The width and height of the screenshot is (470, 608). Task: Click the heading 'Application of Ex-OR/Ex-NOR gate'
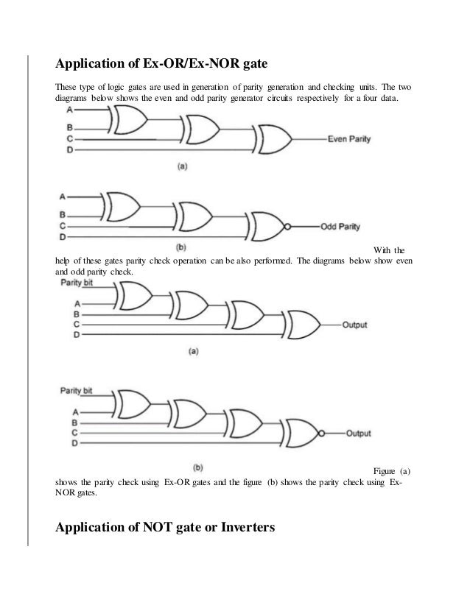pos(161,60)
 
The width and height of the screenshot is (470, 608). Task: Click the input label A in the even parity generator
pos(69,109)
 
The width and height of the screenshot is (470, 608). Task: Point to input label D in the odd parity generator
pos(62,237)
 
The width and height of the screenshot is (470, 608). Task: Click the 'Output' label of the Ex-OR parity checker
pos(354,325)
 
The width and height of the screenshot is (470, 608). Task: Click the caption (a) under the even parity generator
pos(181,166)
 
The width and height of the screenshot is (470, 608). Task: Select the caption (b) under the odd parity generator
pos(181,246)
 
